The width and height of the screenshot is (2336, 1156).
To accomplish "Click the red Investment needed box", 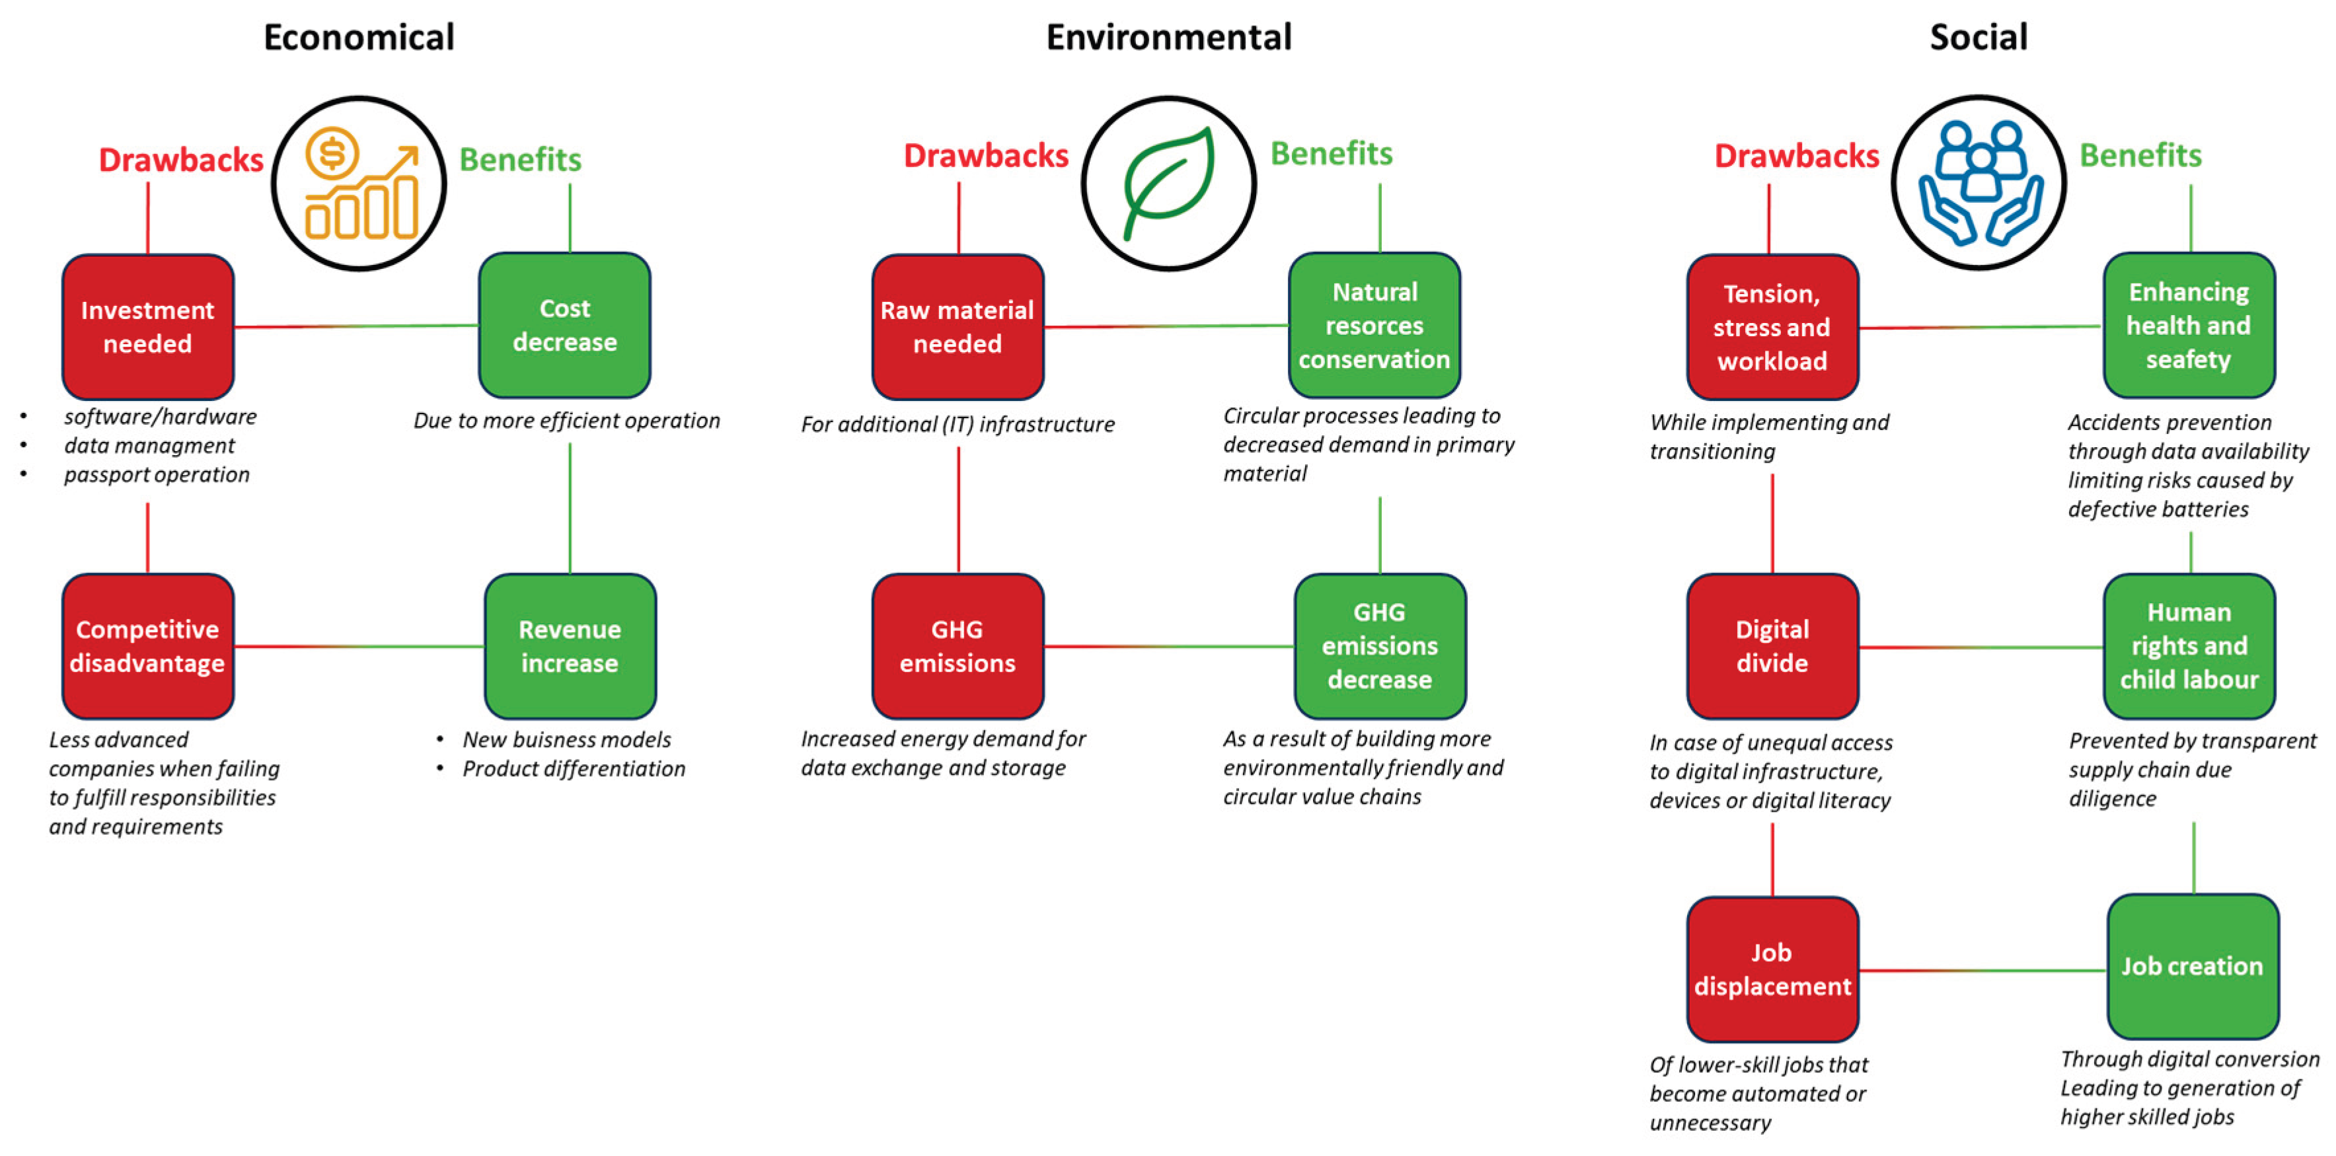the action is (148, 326).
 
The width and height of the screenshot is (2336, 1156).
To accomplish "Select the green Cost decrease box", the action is (564, 324).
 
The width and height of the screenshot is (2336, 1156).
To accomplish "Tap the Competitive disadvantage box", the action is (148, 645).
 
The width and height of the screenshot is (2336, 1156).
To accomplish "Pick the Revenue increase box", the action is (570, 645).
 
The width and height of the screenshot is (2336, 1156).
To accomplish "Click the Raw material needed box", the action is (958, 326).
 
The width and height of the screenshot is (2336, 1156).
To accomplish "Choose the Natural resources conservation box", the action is (1374, 324).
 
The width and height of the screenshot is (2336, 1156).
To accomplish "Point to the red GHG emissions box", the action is (958, 645).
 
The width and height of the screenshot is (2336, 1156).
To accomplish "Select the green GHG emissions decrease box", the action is (1379, 645).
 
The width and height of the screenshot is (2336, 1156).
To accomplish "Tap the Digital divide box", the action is (1772, 645).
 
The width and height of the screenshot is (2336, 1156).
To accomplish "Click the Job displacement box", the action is (1772, 969).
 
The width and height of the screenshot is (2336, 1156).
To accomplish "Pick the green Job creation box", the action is (2193, 966).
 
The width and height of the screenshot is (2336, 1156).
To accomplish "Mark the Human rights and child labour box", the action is (2189, 645).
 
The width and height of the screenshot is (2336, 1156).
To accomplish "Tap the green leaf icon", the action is (1169, 183).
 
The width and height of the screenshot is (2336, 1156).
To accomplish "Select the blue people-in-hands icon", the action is (1980, 183).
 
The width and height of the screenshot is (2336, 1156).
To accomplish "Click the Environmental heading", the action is (1169, 37).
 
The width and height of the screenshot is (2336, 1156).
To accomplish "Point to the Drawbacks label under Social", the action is (1796, 156).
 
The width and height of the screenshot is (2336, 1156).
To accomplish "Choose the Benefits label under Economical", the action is (521, 160).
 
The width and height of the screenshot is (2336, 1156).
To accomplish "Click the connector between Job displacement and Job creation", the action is (1982, 970).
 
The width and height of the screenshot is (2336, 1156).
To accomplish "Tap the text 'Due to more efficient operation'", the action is (567, 421).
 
